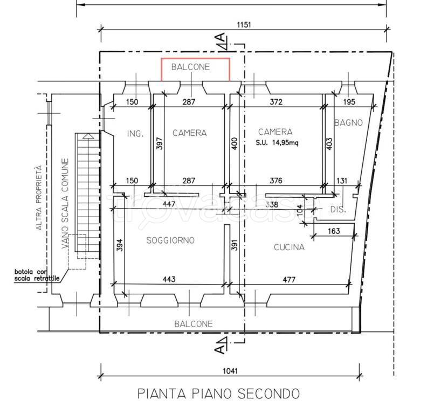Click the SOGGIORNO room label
pyautogui.click(x=170, y=240)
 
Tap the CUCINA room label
pyautogui.click(x=289, y=247)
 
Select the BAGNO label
pyautogui.click(x=348, y=122)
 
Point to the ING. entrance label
pyautogui.click(x=135, y=134)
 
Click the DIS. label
pyautogui.click(x=338, y=209)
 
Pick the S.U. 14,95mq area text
pyautogui.click(x=277, y=142)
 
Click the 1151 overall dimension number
pyautogui.click(x=244, y=25)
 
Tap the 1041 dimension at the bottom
pyautogui.click(x=230, y=371)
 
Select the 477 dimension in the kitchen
pyautogui.click(x=288, y=279)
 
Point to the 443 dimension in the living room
pyautogui.click(x=169, y=279)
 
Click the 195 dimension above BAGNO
pyautogui.click(x=349, y=102)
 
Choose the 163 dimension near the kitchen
pyautogui.click(x=334, y=231)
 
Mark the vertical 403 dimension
pyautogui.click(x=329, y=144)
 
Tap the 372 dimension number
pyautogui.click(x=276, y=102)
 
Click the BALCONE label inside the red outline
pyautogui.click(x=191, y=67)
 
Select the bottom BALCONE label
pyautogui.click(x=194, y=324)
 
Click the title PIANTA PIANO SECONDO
pyautogui.click(x=218, y=394)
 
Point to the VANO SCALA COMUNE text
pyautogui.click(x=65, y=203)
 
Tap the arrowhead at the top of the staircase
pyautogui.click(x=87, y=136)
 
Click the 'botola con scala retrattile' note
pyautogui.click(x=37, y=275)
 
